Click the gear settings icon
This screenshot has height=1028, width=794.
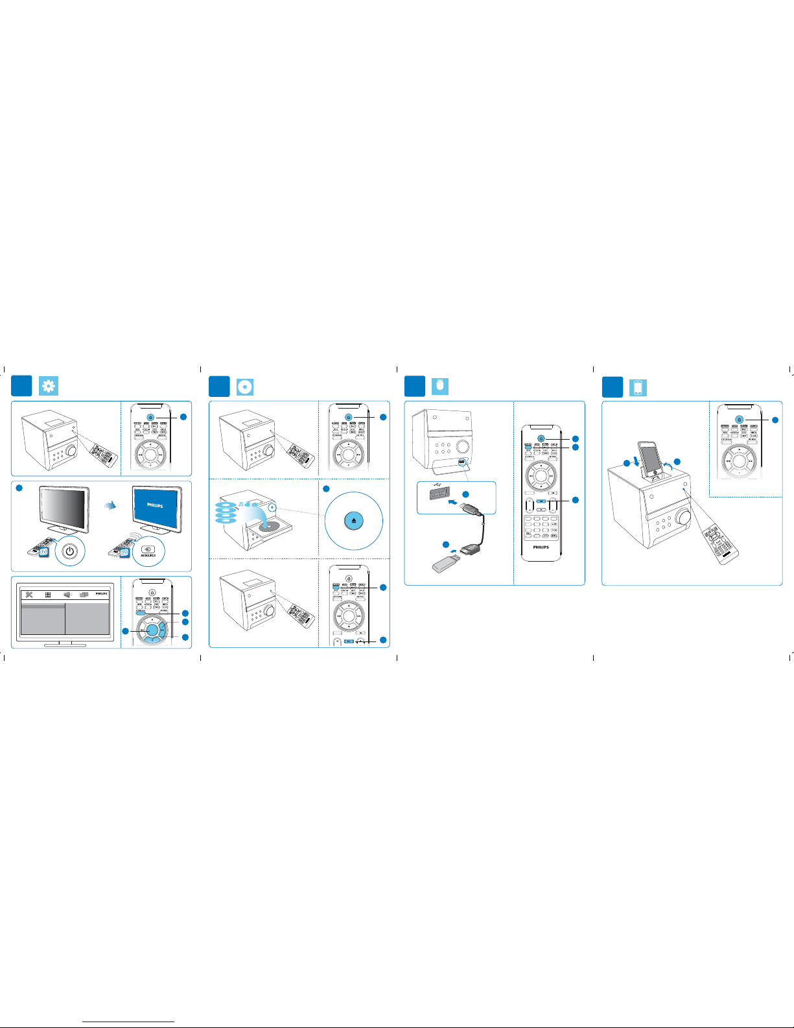point(49,386)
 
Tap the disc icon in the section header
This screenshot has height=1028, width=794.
point(244,387)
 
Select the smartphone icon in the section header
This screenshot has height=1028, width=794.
point(638,387)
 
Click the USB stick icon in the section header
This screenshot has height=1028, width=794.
point(440,386)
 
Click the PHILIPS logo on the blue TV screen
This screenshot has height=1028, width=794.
point(155,505)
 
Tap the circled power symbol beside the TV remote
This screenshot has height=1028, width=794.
point(71,552)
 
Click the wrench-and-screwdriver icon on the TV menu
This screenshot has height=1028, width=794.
point(29,595)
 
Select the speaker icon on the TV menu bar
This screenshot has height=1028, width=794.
point(67,595)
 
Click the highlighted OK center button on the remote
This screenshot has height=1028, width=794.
point(152,630)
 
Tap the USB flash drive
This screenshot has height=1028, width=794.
point(447,560)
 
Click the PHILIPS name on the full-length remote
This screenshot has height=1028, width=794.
point(541,547)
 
